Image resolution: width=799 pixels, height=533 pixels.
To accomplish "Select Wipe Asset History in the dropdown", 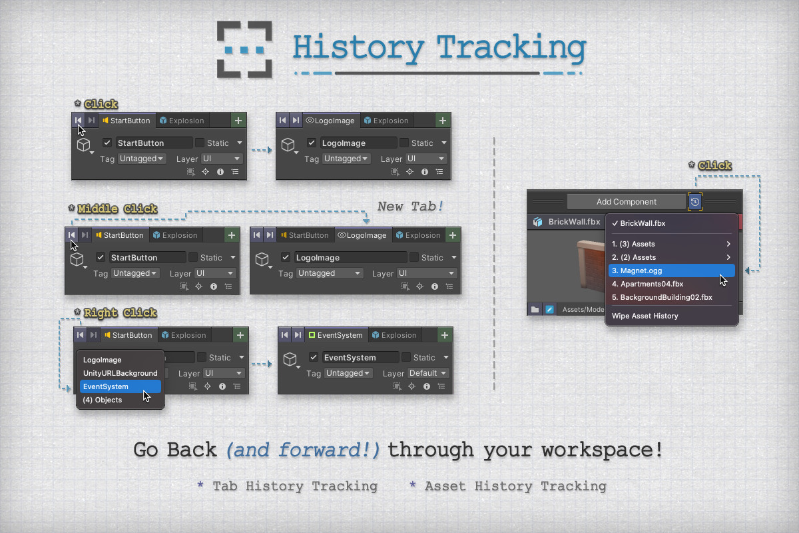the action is click(645, 316).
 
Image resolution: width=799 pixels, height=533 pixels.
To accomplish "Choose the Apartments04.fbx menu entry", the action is click(647, 284).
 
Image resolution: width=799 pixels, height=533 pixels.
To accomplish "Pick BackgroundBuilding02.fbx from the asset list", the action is click(662, 297).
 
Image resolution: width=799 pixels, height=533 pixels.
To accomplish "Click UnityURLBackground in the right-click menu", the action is click(121, 373).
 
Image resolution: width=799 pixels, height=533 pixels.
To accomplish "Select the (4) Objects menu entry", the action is click(103, 400).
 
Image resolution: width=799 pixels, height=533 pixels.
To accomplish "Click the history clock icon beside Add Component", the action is click(695, 202).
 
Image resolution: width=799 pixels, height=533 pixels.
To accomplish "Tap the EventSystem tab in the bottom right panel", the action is click(336, 335).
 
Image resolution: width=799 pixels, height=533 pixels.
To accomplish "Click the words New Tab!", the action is click(410, 206).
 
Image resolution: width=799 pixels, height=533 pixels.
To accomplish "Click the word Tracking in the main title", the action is click(511, 48).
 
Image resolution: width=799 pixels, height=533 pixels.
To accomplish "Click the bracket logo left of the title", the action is click(244, 49).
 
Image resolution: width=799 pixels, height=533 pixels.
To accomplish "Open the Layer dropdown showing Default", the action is click(427, 373).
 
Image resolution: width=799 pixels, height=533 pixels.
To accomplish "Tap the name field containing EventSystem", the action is click(360, 357).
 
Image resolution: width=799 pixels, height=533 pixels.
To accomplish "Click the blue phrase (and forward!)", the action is click(303, 450).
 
